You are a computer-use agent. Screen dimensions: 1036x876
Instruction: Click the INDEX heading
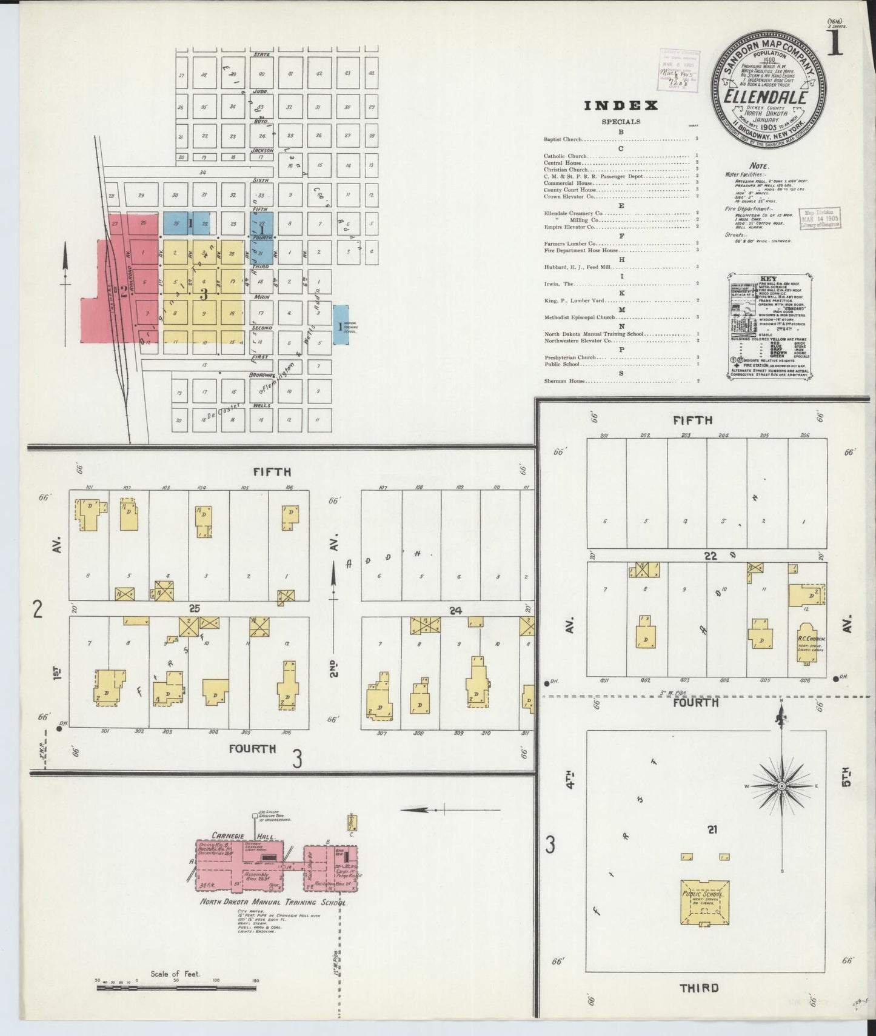(620, 106)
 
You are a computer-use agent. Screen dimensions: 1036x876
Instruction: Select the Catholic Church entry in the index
(566, 156)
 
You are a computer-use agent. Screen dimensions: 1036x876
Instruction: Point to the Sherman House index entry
(561, 381)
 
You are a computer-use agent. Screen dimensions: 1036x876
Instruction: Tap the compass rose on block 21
(781, 786)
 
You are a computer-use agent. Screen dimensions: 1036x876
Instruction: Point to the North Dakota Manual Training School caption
(273, 902)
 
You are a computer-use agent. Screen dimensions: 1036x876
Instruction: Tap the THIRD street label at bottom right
(699, 988)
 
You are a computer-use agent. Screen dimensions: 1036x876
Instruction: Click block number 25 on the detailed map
(194, 608)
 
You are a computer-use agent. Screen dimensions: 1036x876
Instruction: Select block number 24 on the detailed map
(456, 611)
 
